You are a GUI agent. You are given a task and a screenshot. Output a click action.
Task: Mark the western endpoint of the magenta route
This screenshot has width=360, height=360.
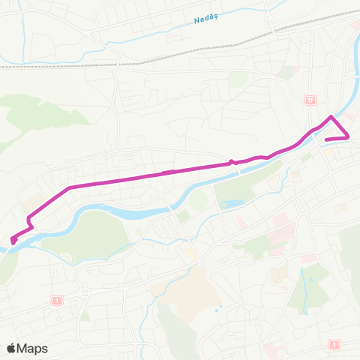pos(13,241)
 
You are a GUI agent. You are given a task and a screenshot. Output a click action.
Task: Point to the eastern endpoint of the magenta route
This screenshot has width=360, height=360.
pos(326,139)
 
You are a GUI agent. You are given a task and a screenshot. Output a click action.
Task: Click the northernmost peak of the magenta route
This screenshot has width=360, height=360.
pos(331,116)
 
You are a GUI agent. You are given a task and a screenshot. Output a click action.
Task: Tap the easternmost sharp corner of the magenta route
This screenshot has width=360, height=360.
pos(349,136)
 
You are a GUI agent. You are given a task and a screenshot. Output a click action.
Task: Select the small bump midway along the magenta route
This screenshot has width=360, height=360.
pos(232,161)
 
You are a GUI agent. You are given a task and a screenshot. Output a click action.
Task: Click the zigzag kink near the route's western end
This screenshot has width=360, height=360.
pos(30,221)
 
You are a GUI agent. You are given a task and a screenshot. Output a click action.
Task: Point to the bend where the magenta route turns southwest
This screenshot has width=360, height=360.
pos(69,187)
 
